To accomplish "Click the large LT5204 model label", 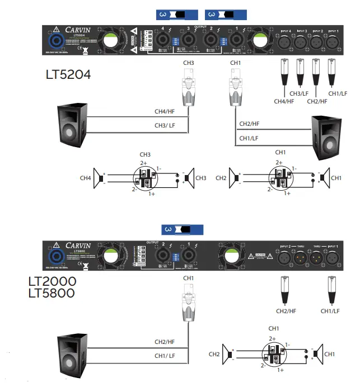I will pyautogui.click(x=68, y=74).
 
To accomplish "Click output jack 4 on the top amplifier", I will pyautogui.click(x=163, y=39).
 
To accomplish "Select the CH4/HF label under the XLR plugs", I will pyautogui.click(x=284, y=101).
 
